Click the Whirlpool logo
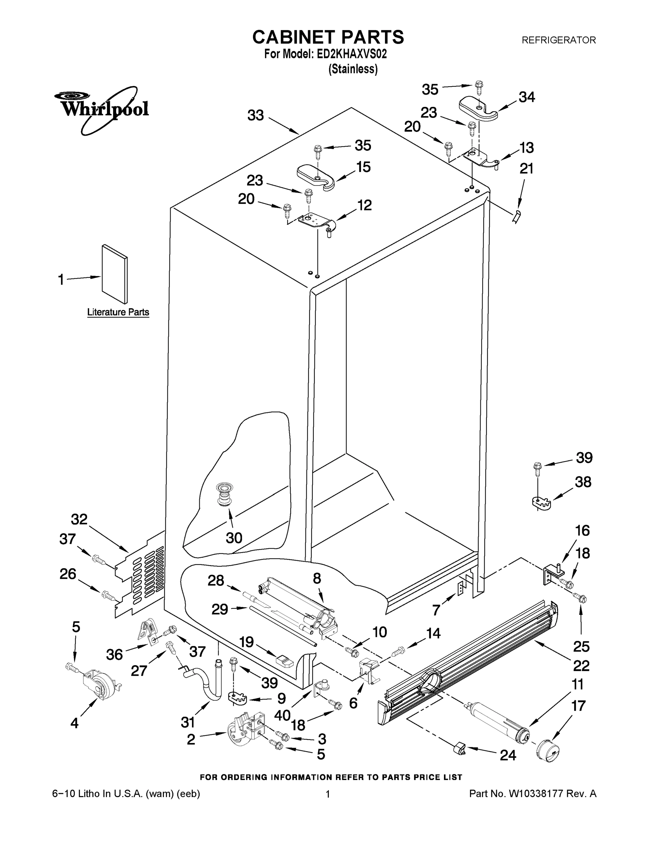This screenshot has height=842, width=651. tap(101, 109)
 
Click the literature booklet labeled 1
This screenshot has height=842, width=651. tap(114, 274)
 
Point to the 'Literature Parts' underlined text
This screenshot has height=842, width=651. tap(118, 312)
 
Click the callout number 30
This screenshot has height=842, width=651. tap(234, 537)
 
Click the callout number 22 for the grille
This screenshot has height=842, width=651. tap(581, 666)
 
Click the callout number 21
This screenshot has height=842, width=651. tap(526, 168)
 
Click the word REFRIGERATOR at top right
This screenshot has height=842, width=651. tap(558, 40)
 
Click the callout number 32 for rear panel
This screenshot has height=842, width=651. tap(79, 519)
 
